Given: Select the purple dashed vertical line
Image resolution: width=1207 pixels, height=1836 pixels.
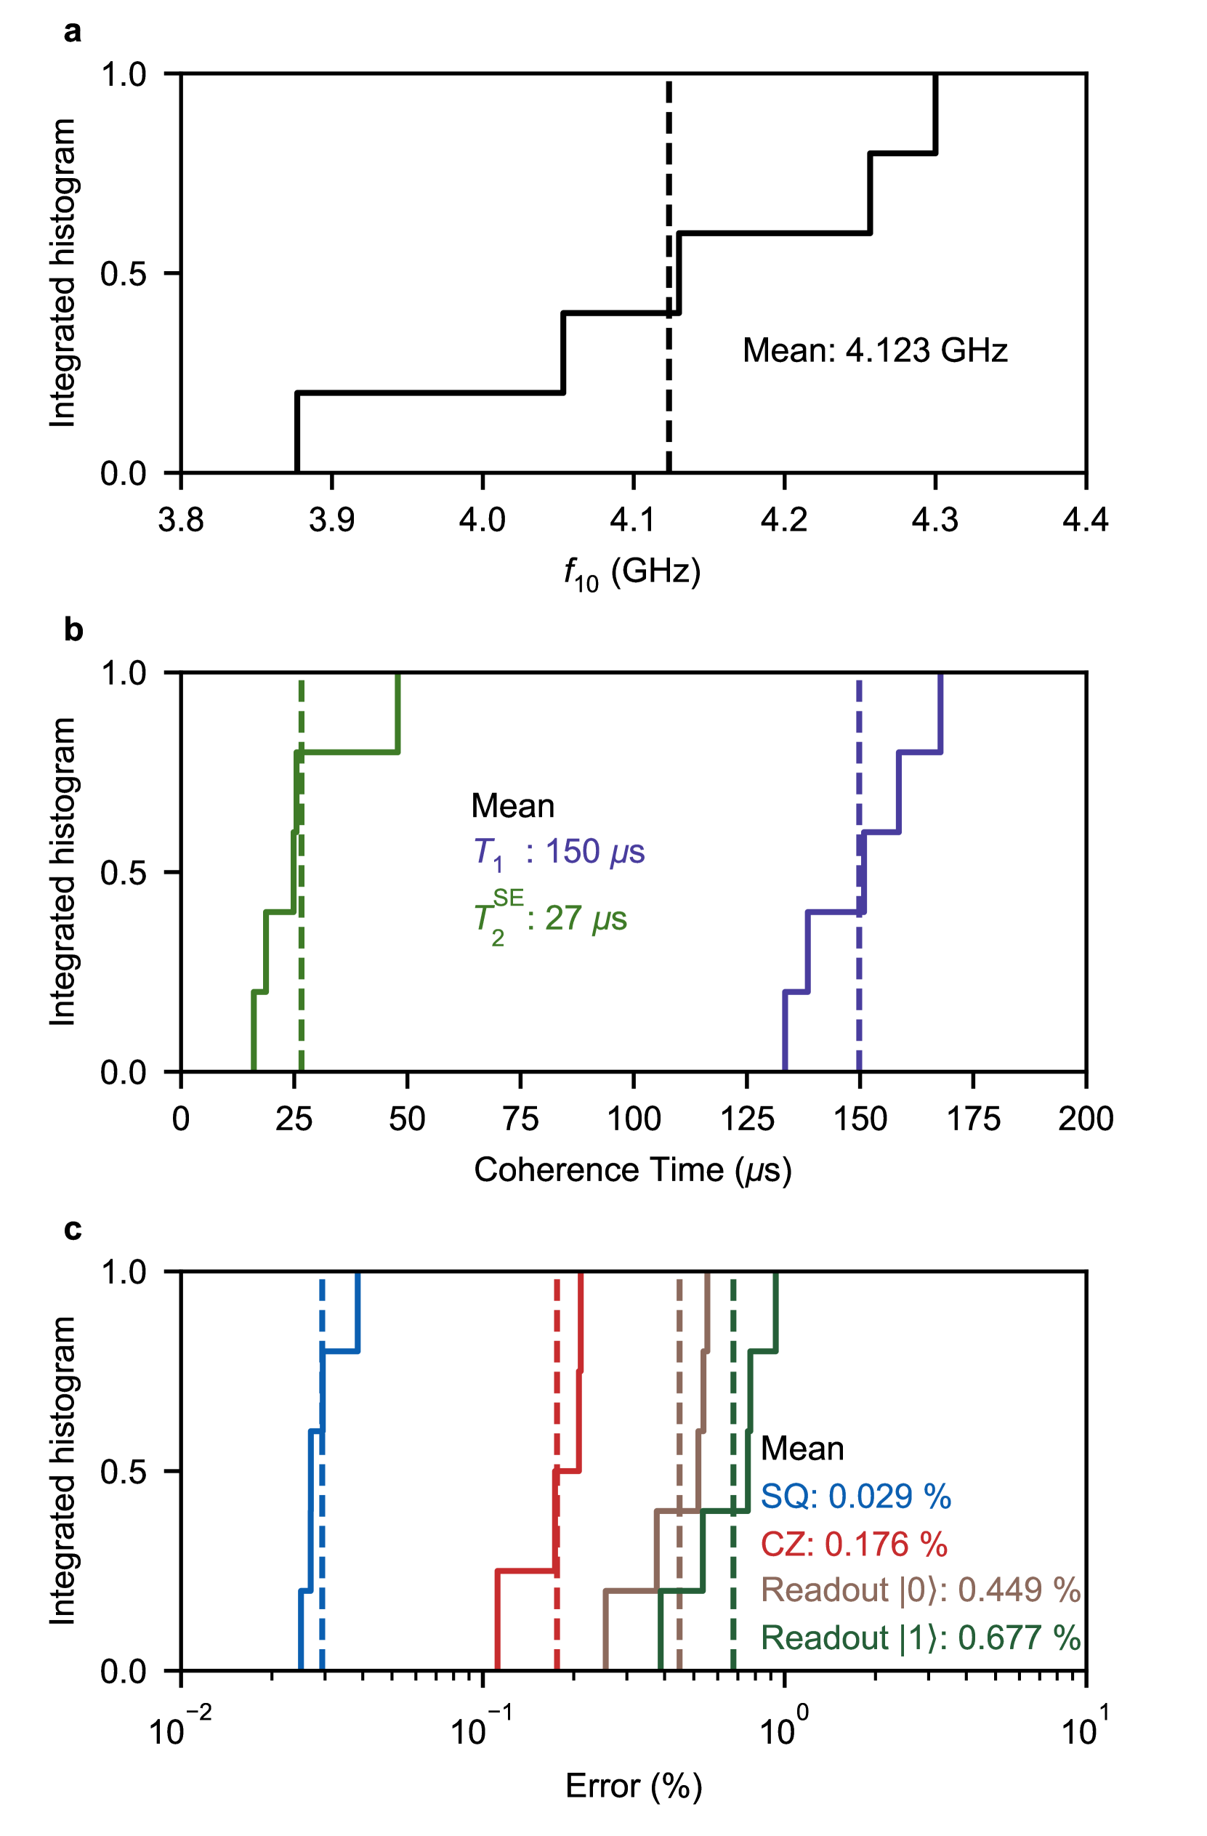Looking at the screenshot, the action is click(859, 1003).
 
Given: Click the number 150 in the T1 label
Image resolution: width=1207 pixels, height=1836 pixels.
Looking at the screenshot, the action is click(573, 852).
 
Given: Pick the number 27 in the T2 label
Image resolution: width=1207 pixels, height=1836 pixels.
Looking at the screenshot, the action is click(563, 918).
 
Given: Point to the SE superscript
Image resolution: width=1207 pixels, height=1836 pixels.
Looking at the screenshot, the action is click(508, 898).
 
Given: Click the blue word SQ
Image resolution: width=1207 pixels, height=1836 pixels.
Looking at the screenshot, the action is click(784, 1497).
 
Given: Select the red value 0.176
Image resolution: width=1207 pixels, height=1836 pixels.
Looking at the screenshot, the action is click(866, 1545).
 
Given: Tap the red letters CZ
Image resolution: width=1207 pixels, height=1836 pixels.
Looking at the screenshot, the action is click(783, 1545).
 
